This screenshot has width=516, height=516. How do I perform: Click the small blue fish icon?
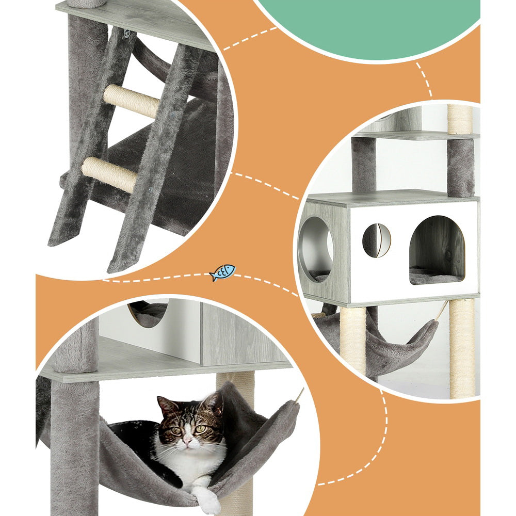point(222,272)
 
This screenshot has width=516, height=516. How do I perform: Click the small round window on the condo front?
point(376,240)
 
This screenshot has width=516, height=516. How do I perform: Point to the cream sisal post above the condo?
point(460,119)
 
